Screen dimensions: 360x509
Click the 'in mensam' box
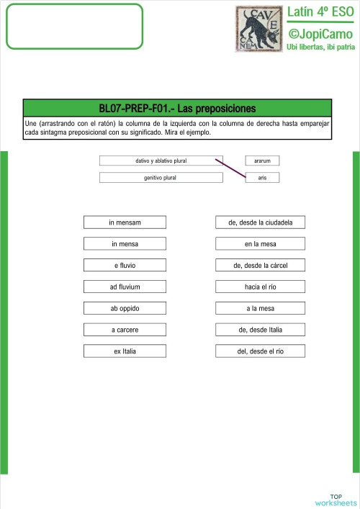125,222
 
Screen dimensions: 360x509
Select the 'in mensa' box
125,244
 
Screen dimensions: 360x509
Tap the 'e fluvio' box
125,266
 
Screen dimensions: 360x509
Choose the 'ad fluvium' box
125,287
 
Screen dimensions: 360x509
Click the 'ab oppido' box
125,309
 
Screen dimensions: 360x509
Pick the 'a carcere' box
125,330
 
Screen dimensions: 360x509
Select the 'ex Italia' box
125,351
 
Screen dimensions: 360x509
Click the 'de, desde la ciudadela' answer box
260,222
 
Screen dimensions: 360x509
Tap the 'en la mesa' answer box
260,244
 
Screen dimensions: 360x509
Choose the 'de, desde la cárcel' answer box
260,266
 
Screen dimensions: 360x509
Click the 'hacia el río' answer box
260,287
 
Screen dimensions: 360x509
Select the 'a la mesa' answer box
260,309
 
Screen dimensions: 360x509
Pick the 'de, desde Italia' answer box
260,330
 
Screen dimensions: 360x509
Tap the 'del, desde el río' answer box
260,351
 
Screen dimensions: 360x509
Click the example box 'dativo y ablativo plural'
161,161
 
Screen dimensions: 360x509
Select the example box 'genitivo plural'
161,177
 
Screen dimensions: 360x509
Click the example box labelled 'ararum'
262,161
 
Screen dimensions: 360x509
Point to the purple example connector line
230,168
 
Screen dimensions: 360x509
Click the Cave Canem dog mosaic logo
258,29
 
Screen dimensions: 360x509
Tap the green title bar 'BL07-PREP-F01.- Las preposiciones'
177,109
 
